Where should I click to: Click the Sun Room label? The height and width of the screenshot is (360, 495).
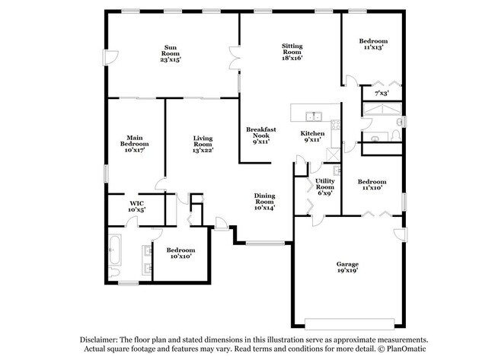(170, 53)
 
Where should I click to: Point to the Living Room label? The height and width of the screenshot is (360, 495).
(202, 144)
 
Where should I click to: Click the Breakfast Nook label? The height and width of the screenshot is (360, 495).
(260, 135)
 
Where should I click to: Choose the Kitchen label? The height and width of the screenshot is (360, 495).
(312, 136)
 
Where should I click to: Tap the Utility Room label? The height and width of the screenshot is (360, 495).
(325, 186)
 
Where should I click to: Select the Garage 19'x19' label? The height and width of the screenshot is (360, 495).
(347, 266)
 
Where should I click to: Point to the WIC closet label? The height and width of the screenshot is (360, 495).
(137, 205)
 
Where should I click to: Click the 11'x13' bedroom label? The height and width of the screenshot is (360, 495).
(373, 43)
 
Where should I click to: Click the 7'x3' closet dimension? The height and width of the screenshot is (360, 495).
(382, 94)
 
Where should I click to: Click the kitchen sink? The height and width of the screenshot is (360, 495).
(313, 116)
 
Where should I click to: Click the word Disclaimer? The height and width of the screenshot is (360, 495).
(100, 339)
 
